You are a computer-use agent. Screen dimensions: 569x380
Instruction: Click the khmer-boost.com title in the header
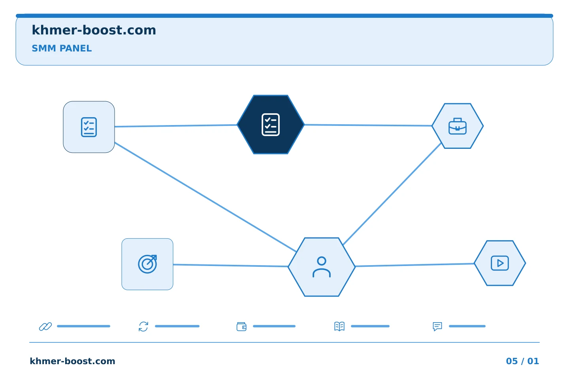coord(94,30)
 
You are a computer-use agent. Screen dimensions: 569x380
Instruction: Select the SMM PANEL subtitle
coord(62,48)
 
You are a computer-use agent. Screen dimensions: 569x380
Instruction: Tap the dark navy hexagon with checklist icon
coord(271,124)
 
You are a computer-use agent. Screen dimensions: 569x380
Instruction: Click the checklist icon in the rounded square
coord(89,127)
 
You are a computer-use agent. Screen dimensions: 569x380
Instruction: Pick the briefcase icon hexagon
coord(458,126)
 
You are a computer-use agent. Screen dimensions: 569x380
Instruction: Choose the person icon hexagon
coord(322,267)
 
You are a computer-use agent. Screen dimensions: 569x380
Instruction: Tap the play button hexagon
coord(499,263)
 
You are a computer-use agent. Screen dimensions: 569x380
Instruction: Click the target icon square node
coord(147,264)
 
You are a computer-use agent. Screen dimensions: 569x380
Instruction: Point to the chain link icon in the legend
coord(45,327)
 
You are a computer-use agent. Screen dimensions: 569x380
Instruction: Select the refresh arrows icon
coord(143,327)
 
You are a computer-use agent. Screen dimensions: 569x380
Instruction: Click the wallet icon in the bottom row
coord(241,327)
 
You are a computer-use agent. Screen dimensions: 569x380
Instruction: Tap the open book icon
coord(339,326)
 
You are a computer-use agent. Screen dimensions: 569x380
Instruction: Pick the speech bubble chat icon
coord(437,327)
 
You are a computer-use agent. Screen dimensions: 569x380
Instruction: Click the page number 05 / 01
coord(522,361)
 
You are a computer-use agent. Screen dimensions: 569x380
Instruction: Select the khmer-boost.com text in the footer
coord(72,361)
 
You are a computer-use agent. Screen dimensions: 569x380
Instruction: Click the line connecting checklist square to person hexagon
coord(205,197)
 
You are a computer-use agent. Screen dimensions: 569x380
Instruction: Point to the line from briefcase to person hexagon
coord(392,194)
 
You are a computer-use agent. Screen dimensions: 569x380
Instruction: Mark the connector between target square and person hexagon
coord(230,266)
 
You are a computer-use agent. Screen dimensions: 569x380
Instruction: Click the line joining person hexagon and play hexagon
coord(415,265)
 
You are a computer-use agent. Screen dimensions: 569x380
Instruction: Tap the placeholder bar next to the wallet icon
coord(274,326)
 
